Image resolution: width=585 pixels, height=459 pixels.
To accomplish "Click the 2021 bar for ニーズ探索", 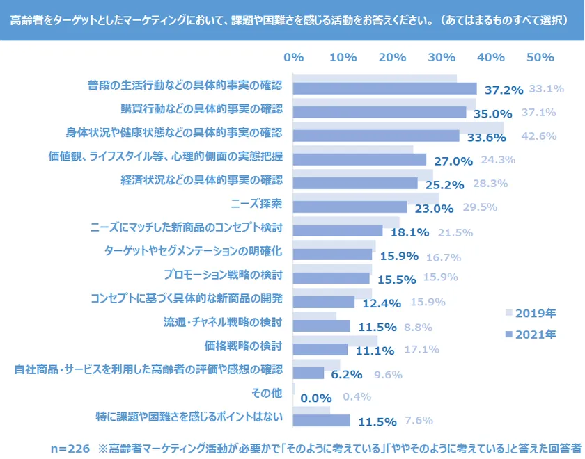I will [x=350, y=207].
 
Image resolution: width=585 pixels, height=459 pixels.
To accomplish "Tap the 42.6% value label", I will [x=538, y=136].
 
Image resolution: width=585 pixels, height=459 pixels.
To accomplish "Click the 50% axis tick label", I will [x=540, y=57].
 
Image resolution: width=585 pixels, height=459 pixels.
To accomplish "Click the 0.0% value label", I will [x=315, y=398].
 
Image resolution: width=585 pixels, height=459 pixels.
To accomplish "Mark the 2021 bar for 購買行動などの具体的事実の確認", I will [x=380, y=113].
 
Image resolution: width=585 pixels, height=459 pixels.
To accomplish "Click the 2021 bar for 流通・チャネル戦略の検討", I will [x=321, y=326].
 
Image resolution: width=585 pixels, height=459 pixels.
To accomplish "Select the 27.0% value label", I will [x=453, y=161].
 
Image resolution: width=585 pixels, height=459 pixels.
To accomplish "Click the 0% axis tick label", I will [x=294, y=57].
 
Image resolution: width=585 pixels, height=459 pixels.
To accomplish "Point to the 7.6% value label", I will [x=419, y=420].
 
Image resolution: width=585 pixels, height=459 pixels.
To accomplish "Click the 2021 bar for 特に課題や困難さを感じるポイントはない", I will [x=321, y=421].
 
